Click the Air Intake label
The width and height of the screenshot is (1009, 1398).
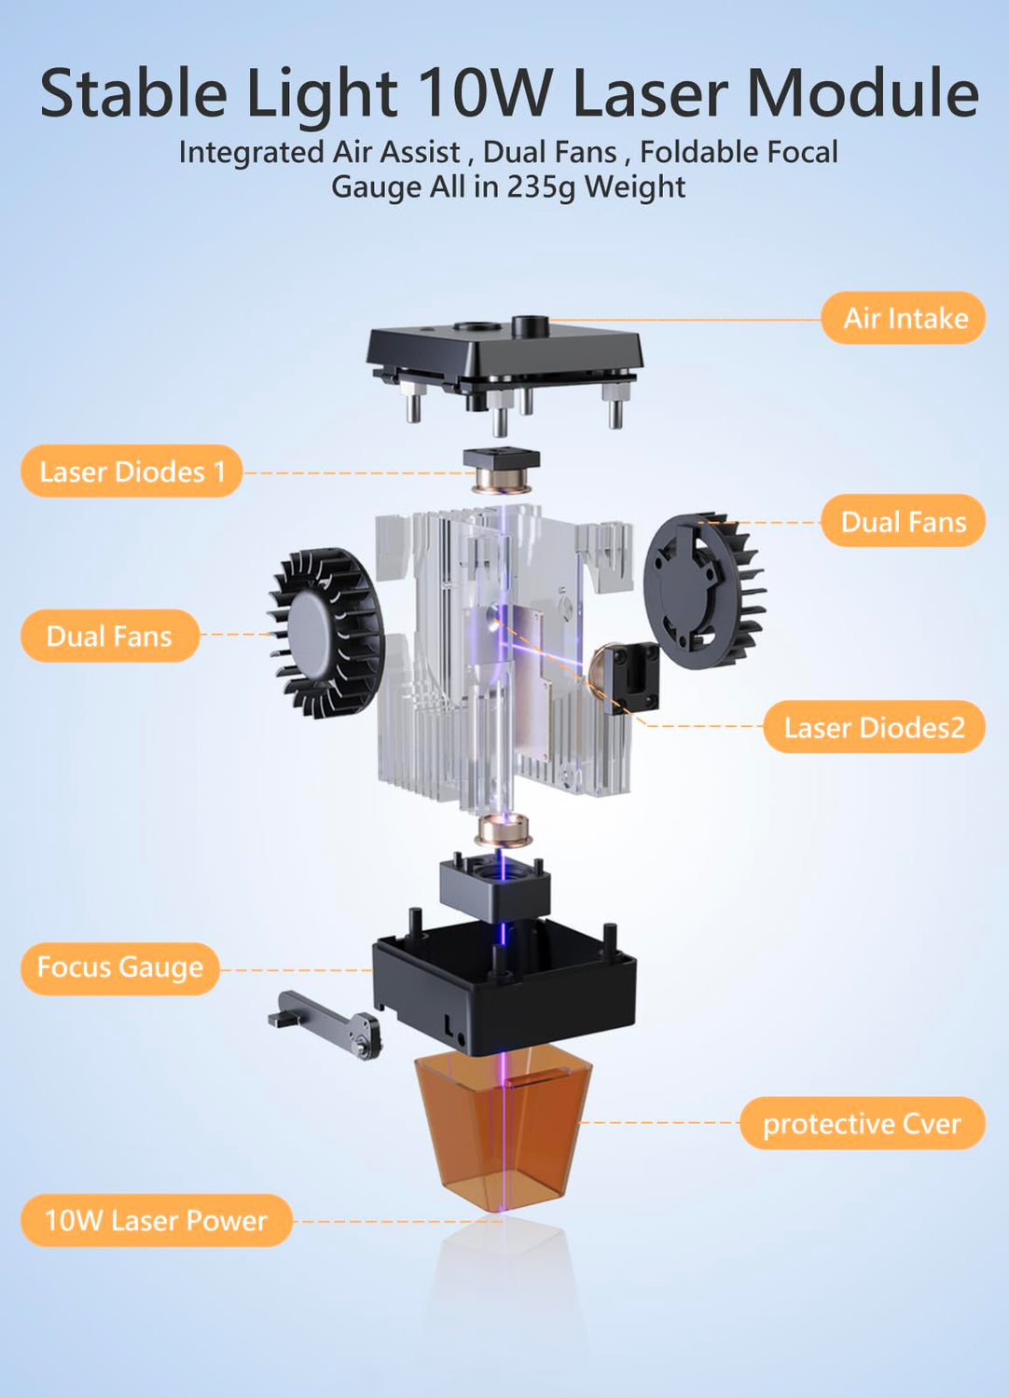[903, 318]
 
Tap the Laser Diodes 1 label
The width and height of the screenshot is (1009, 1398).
[131, 472]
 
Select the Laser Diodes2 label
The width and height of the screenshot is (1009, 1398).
[874, 727]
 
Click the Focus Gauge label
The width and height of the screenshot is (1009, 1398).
[120, 968]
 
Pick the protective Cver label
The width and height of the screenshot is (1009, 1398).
[863, 1123]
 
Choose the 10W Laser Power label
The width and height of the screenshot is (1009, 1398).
[156, 1221]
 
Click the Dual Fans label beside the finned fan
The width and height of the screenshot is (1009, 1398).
[110, 636]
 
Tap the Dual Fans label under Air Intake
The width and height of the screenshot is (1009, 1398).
[903, 520]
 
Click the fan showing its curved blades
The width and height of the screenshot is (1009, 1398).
[326, 632]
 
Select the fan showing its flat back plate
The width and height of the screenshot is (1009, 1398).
[704, 590]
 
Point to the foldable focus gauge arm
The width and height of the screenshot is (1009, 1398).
[325, 1022]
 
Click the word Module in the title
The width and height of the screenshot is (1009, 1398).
[863, 92]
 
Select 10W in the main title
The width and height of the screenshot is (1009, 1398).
[485, 92]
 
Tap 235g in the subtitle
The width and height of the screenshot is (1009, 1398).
[540, 186]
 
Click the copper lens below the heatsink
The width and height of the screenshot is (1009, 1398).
[503, 830]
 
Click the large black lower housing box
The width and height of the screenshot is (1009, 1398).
[504, 984]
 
